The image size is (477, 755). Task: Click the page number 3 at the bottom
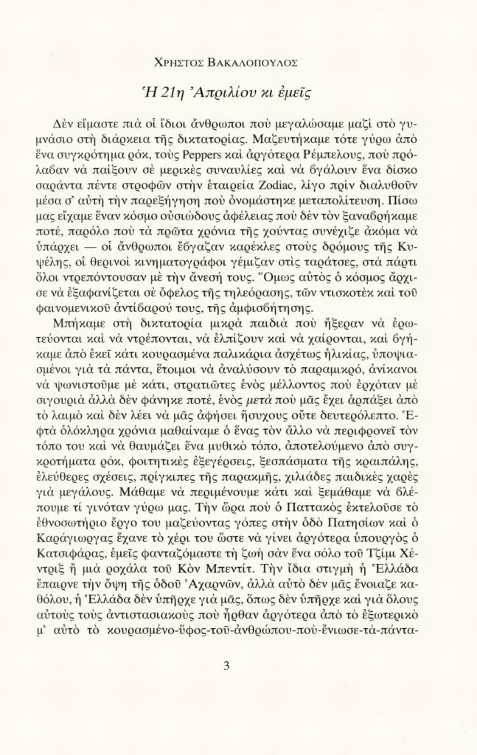[226, 667]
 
